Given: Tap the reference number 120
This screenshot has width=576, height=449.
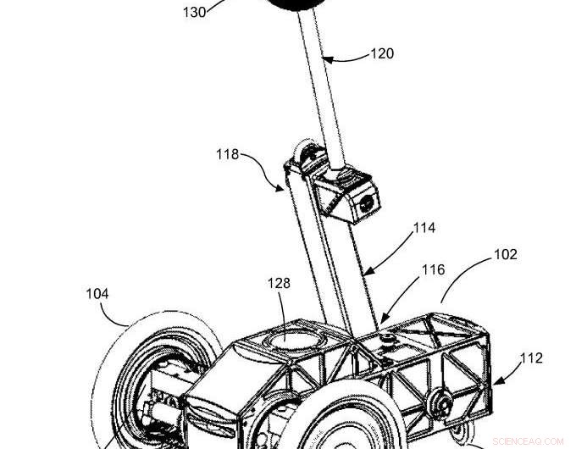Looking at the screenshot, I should coord(382,54).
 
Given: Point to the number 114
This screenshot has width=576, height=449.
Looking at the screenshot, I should coord(424,229).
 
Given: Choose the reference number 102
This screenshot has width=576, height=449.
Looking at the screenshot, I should coord(505,254).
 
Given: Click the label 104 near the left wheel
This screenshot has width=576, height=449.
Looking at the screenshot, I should coord(97,294).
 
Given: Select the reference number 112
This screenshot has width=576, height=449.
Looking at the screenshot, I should coord(531,358).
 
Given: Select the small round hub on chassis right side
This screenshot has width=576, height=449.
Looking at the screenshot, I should coord(440,401).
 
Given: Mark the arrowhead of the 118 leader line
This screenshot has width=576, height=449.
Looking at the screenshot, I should coord(284,189).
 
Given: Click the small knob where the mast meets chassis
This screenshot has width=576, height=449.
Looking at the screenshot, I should coord(390,341).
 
